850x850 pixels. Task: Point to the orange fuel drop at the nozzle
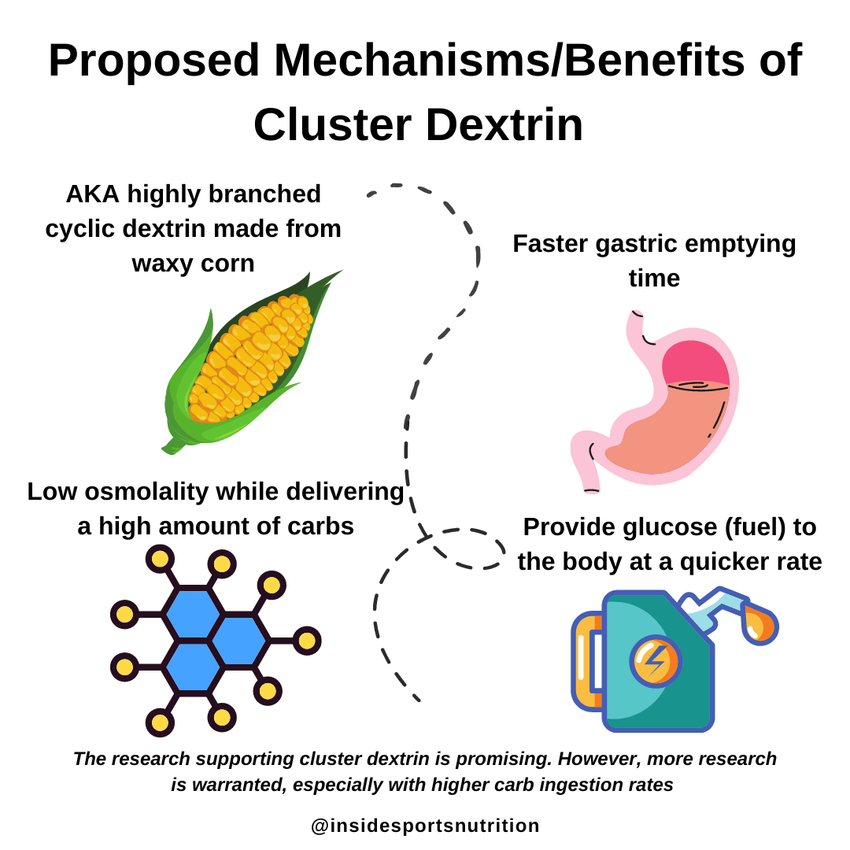tap(759, 624)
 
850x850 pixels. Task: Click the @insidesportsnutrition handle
tap(425, 826)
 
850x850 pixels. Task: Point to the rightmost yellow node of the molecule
tap(306, 641)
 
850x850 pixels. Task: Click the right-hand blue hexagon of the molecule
tap(238, 641)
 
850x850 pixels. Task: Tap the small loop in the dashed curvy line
tap(464, 549)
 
